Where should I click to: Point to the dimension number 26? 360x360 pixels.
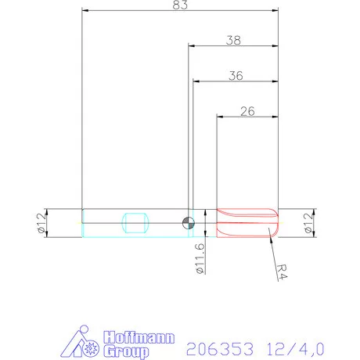(247, 111)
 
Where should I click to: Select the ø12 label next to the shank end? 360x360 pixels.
(41, 222)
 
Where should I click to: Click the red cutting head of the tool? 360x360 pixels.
(247, 222)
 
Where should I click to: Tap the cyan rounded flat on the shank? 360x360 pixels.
(135, 222)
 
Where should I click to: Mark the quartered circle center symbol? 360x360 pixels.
(188, 222)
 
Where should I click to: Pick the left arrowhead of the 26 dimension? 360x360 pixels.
(220, 117)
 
